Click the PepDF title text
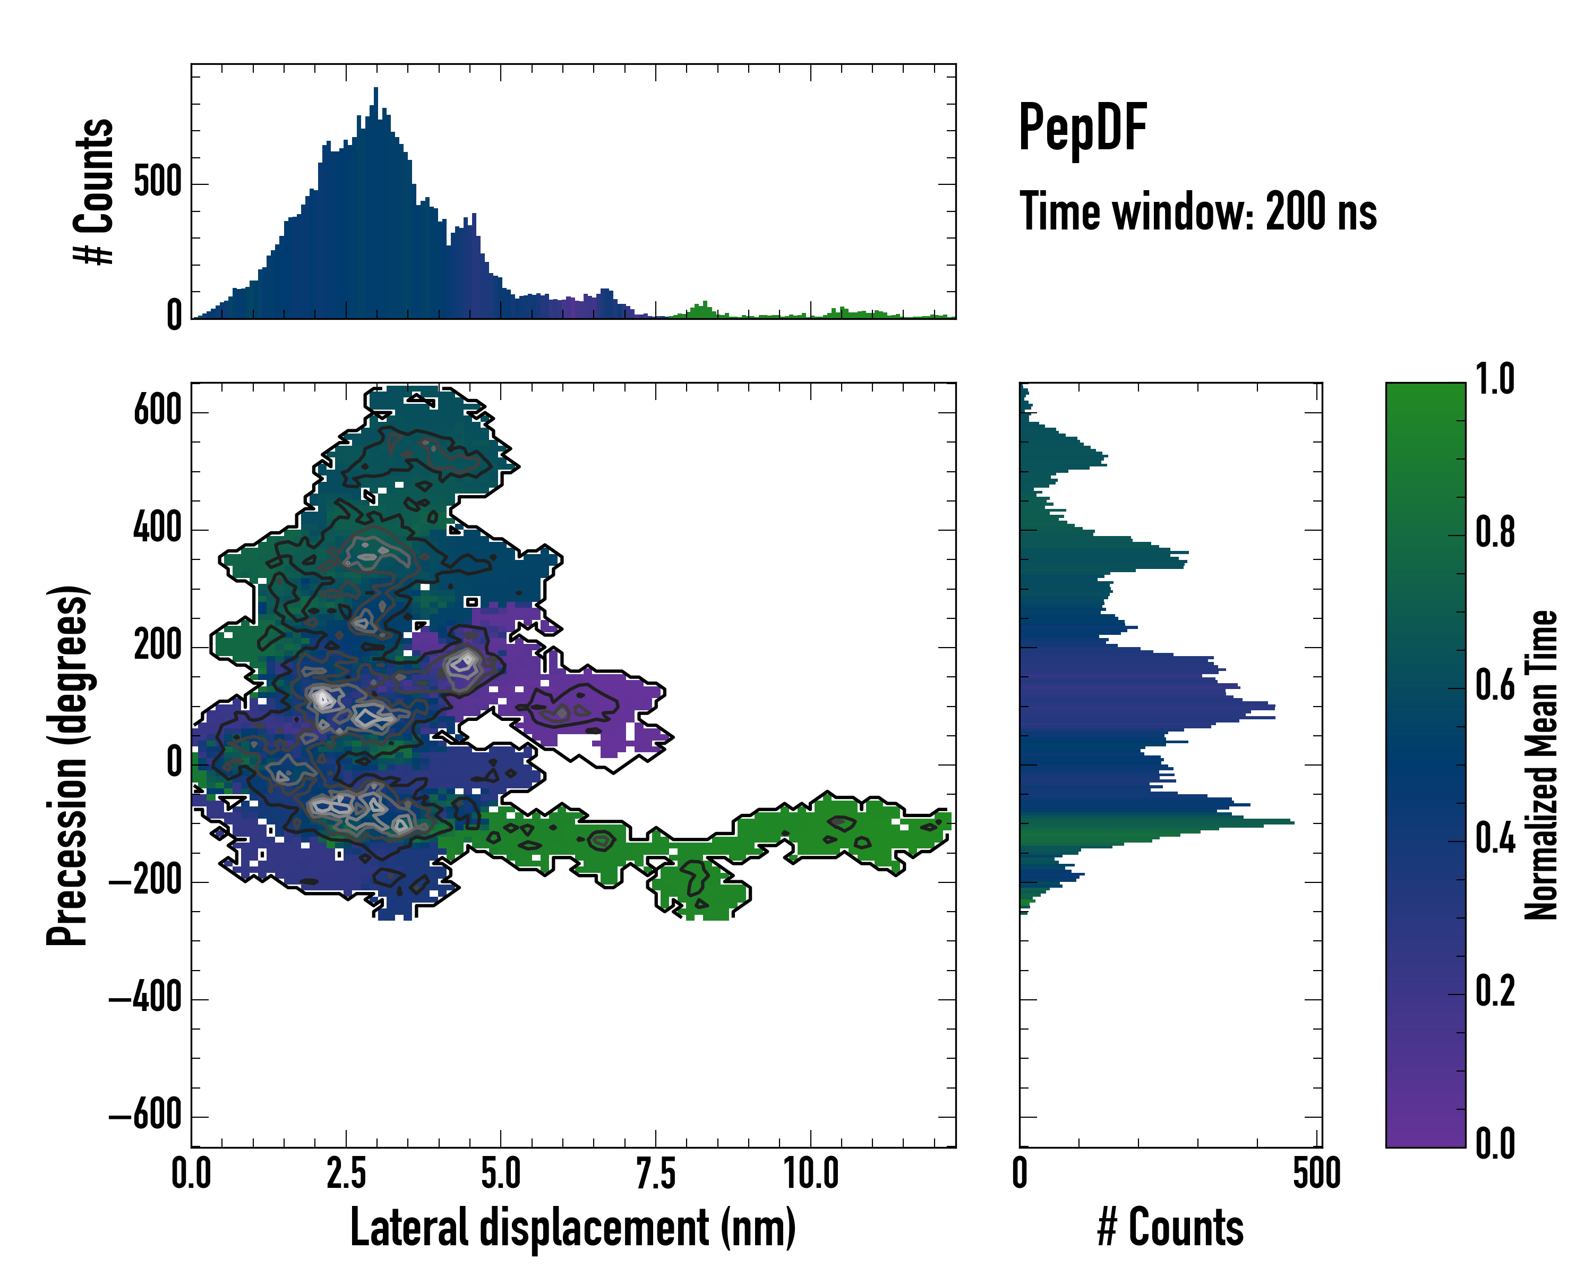tap(1082, 129)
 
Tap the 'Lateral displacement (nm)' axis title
tap(572, 1227)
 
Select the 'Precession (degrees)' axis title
tap(68, 765)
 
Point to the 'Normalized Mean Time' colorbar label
tap(1540, 765)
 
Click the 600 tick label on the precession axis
tap(157, 411)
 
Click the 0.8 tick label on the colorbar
tap(1495, 534)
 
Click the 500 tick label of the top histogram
tap(157, 183)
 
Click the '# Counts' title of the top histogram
tap(94, 191)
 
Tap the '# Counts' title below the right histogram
tap(1170, 1227)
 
